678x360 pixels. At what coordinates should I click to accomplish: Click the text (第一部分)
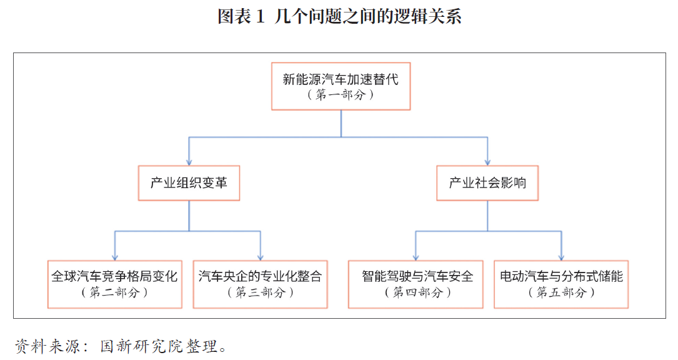(341, 94)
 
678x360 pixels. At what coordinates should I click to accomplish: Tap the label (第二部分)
(114, 292)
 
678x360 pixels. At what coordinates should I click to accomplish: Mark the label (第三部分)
(261, 292)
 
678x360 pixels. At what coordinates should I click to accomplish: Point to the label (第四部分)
(417, 292)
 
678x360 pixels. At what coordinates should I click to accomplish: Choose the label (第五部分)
(561, 292)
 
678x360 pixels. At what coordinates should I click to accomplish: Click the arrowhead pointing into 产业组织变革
(189, 162)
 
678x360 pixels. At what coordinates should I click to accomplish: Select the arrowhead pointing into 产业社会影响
(487, 162)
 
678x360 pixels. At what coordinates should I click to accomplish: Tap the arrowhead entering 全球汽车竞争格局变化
(114, 257)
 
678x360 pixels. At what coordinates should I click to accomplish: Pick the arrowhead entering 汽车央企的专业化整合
(261, 257)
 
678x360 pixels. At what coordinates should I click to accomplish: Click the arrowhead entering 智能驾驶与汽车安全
(416, 257)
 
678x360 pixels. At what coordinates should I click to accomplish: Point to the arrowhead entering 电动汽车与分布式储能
(561, 257)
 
